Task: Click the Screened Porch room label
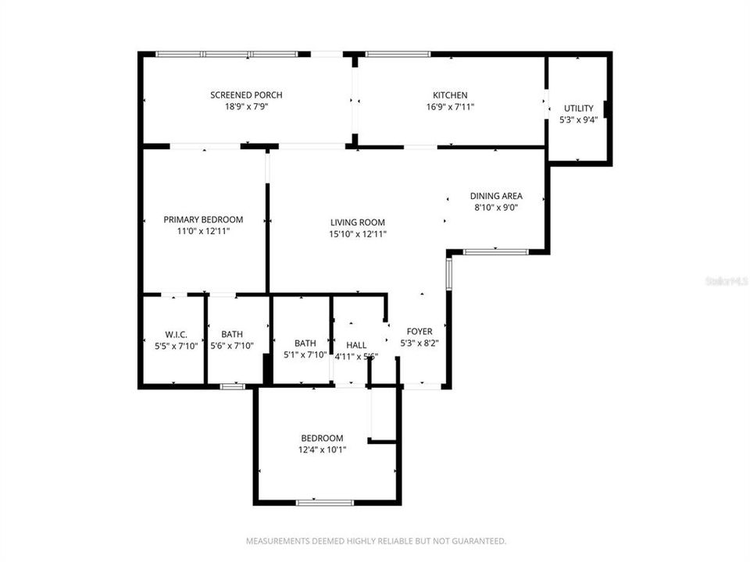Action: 246,95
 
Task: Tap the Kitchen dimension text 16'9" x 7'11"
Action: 451,107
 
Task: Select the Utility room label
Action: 578,108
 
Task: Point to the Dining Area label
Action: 495,196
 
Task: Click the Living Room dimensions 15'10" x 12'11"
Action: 357,233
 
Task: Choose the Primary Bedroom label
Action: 203,219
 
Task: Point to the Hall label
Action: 356,345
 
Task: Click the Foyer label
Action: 420,332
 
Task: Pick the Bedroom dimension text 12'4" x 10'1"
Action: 322,450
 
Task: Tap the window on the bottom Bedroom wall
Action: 326,502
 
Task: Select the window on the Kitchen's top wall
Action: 398,54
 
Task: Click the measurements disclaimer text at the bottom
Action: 376,540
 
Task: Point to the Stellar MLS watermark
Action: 726,279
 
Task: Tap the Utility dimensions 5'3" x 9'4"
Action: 578,120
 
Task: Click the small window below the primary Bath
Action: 231,386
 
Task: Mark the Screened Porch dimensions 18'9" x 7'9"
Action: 246,107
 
